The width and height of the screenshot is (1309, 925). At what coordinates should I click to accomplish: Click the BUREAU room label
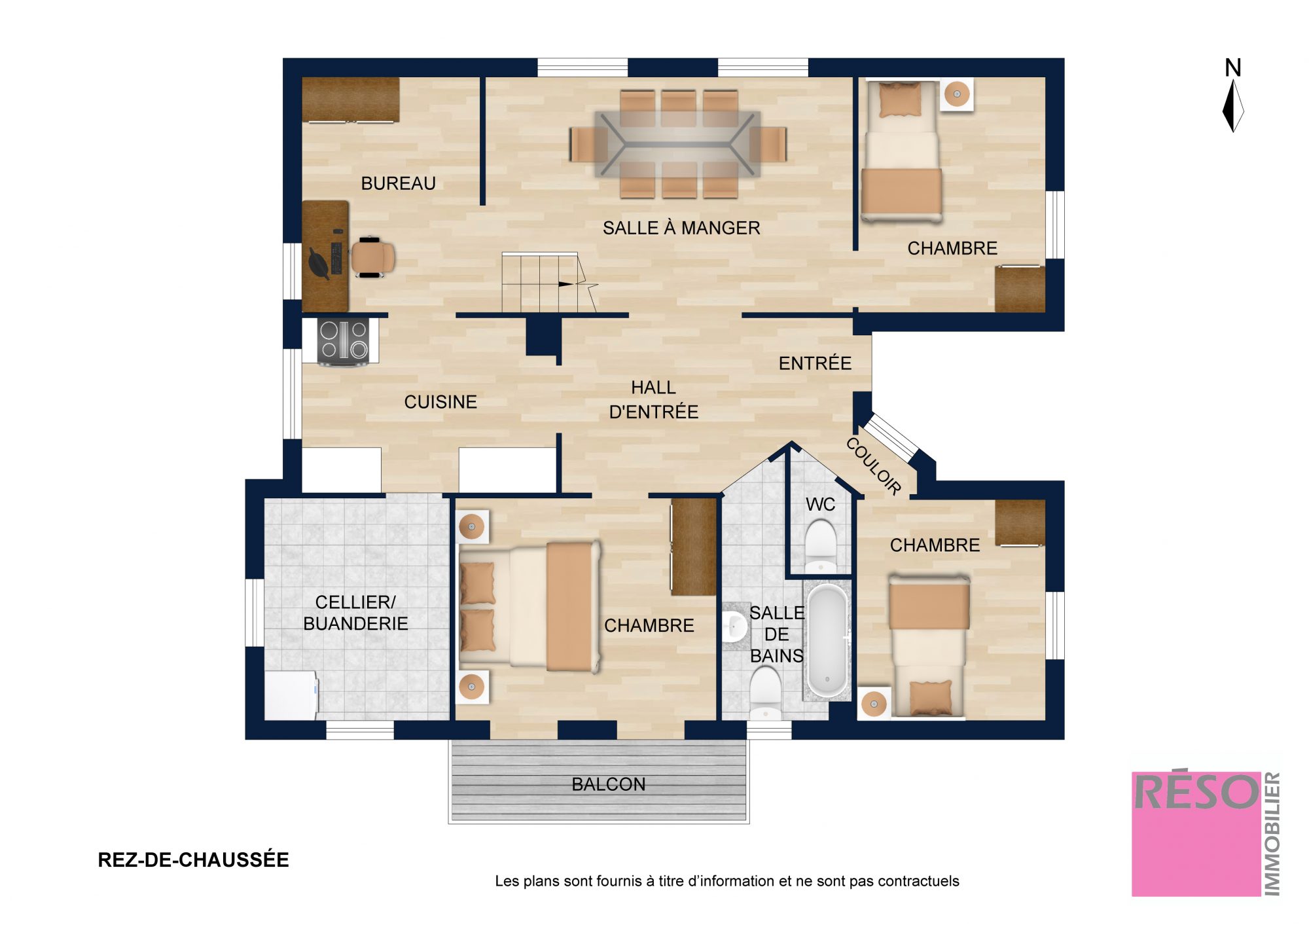tap(398, 183)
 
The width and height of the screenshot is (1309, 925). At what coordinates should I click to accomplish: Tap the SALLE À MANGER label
tap(681, 228)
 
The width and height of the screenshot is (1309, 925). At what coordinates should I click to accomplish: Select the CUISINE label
tap(440, 402)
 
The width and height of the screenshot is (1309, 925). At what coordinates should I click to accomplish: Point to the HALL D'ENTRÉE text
tap(654, 400)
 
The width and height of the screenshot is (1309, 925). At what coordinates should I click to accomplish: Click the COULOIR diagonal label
tap(874, 465)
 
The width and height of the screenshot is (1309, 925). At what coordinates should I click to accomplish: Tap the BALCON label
tap(609, 784)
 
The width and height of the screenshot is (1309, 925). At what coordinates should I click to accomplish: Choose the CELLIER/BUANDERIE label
tap(355, 613)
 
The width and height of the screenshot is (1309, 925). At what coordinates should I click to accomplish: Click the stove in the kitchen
tap(342, 340)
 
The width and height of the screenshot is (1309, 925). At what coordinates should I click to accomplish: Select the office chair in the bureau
tap(372, 257)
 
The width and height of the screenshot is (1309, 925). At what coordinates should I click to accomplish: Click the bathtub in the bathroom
tap(827, 641)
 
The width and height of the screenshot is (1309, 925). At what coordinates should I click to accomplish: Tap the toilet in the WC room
tap(820, 545)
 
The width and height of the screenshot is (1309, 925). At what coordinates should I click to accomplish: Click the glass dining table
tap(677, 144)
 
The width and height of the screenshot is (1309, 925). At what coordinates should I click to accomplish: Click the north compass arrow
tap(1233, 105)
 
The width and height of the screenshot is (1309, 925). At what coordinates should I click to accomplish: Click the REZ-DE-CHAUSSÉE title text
tap(193, 860)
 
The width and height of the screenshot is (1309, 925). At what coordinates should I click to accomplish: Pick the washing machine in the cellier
tap(291, 695)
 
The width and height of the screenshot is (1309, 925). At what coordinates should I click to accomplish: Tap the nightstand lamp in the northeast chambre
tap(957, 94)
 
